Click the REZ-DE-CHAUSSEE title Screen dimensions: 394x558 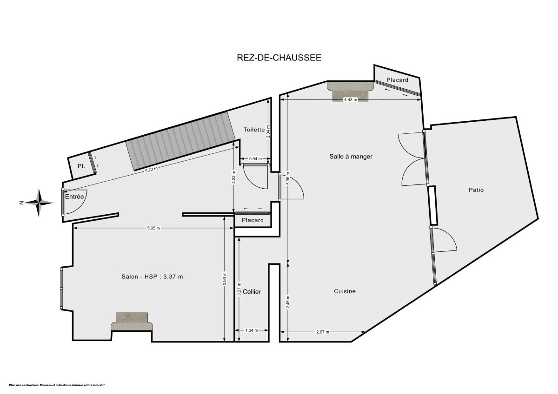tap(279, 58)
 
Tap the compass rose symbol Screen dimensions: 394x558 tap(39, 202)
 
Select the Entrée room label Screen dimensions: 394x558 tap(74, 197)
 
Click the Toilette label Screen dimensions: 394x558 tap(254, 130)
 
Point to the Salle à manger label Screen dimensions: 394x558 tap(351, 157)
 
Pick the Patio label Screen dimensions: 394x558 tap(476, 190)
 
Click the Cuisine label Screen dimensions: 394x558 tap(345, 291)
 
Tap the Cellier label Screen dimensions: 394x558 tap(252, 292)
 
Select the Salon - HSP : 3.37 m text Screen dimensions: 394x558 tap(152, 277)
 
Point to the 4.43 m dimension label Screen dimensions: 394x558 tap(350, 100)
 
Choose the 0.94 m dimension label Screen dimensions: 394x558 tap(255, 159)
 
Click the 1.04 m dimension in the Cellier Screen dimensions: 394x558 tap(251, 330)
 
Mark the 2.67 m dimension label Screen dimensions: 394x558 tap(322, 332)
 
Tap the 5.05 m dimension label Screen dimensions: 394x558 tap(153, 228)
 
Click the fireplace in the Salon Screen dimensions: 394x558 tap(132, 321)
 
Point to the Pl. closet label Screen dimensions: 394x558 tap(81, 166)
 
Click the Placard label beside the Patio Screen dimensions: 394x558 tap(397, 80)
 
